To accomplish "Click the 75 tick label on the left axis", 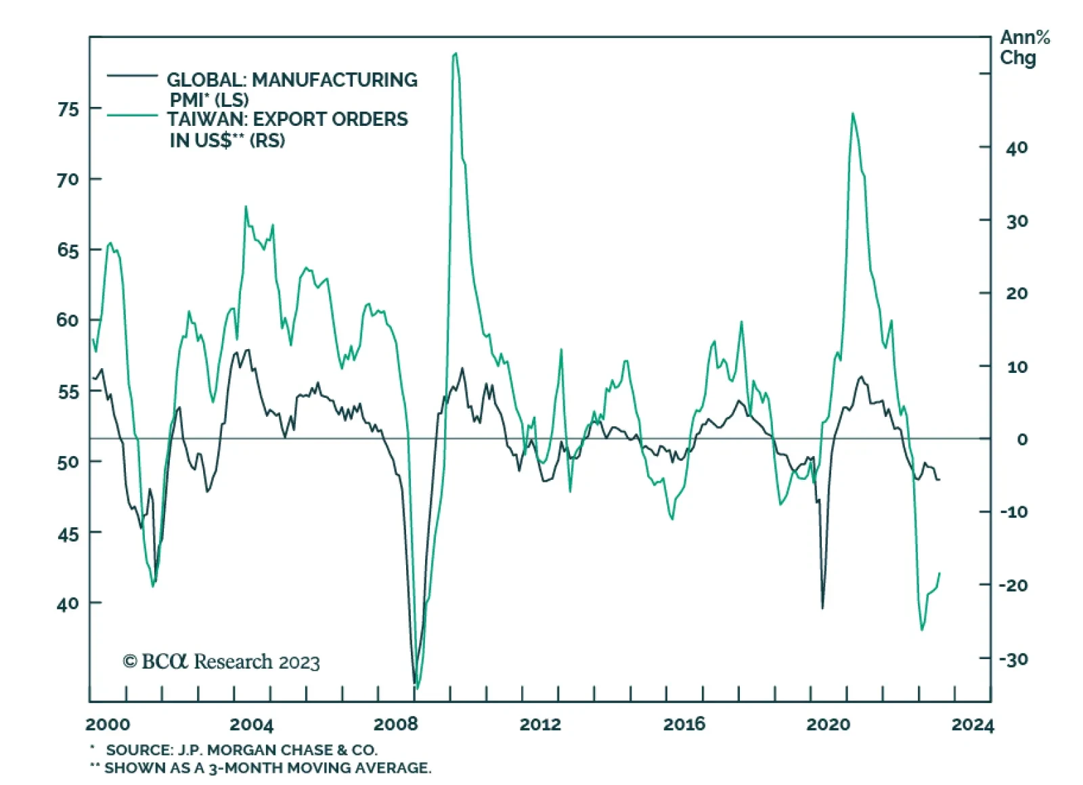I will click(x=68, y=109).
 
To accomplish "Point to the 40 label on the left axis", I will click(x=68, y=603).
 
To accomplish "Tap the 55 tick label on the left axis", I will click(x=68, y=392).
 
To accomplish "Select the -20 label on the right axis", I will click(x=1013, y=585).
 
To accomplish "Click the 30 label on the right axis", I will click(x=1017, y=221).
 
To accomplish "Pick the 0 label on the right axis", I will click(x=1022, y=439).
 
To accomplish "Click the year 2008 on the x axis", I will click(x=395, y=725).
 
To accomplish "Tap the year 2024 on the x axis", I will click(x=973, y=725).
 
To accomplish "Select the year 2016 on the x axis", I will click(x=684, y=725).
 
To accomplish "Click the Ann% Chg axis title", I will click(x=1024, y=47).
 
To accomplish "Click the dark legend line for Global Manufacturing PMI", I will click(x=132, y=76).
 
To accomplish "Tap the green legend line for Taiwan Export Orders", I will click(x=132, y=116).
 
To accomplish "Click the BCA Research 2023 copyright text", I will click(x=221, y=661).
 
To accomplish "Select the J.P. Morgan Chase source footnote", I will click(x=241, y=750).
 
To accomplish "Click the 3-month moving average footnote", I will click(x=267, y=768).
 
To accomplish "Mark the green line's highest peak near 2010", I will click(x=456, y=53).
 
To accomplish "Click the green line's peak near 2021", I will click(x=852, y=114).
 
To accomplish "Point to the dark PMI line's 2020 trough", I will click(x=822, y=608).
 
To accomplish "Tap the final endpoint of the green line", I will click(x=940, y=573).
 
